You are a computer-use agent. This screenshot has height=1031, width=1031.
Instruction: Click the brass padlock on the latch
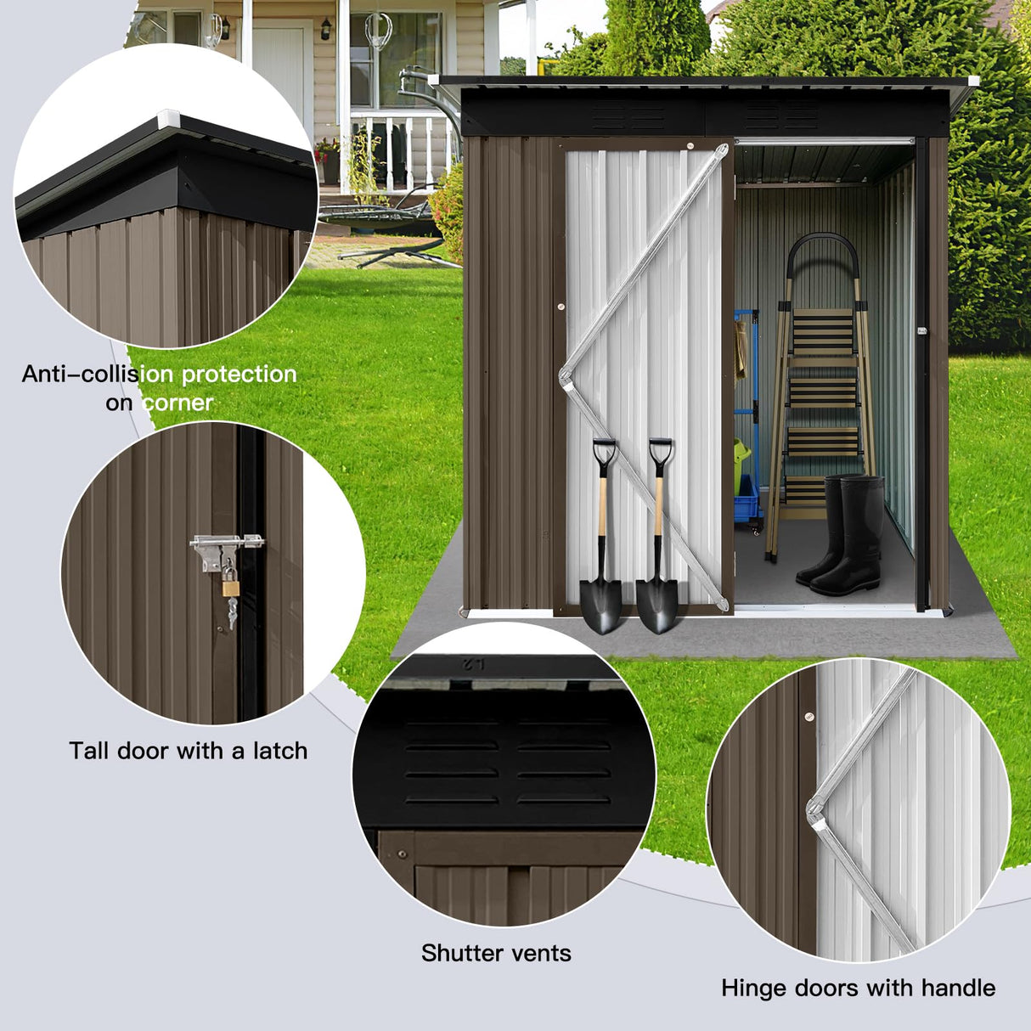click(x=229, y=586)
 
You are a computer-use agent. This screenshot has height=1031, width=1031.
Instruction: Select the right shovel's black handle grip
click(x=660, y=449)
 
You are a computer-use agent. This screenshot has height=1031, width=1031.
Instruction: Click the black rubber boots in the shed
click(x=841, y=535)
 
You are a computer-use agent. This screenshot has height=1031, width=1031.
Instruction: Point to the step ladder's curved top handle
click(x=822, y=246)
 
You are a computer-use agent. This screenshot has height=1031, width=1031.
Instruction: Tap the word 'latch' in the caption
click(x=279, y=751)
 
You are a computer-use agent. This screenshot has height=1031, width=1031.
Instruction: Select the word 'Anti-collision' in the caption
click(x=98, y=375)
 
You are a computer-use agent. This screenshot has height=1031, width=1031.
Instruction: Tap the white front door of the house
click(x=278, y=76)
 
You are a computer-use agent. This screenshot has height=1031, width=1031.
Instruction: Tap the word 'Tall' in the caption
click(x=89, y=751)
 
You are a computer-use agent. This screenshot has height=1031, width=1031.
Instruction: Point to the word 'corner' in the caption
click(x=178, y=403)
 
